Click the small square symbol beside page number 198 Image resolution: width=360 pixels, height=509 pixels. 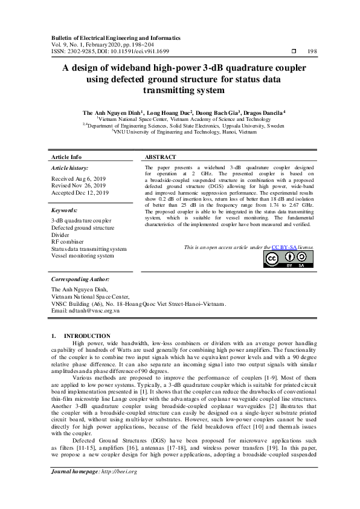pyautogui.click(x=294, y=52)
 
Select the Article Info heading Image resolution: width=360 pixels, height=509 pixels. pyautogui.click(x=66, y=157)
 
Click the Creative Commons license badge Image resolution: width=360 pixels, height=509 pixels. pyautogui.click(x=288, y=259)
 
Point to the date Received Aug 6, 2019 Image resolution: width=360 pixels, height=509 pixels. pyautogui.click(x=79, y=178)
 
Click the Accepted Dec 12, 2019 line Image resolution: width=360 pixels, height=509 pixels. pyautogui.click(x=80, y=193)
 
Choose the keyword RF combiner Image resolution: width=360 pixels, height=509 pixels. pyautogui.click(x=68, y=242)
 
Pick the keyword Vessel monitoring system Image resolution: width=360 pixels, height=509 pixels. pyautogui.click(x=82, y=256)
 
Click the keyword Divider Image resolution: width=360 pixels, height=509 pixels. pyautogui.click(x=61, y=235)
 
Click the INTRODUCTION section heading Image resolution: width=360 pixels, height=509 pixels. pyautogui.click(x=87, y=336)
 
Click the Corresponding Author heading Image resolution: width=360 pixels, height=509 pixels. pyautogui.click(x=80, y=280)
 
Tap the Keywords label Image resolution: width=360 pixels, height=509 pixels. pyautogui.click(x=65, y=210)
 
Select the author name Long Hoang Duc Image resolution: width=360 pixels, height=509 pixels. pyautogui.click(x=169, y=112)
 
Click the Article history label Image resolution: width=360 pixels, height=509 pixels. pyautogui.click(x=70, y=167)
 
